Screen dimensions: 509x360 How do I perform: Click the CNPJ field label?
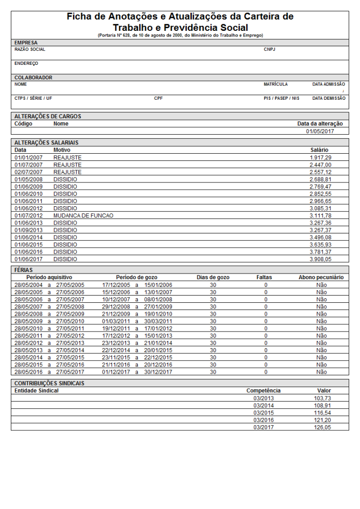269,50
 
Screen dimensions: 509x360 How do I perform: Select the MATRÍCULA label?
276,84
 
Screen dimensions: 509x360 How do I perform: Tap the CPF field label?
158,98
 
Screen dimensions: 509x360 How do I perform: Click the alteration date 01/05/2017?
320,131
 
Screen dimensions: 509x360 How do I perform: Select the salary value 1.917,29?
321,157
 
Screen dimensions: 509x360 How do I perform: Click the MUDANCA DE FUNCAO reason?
83,215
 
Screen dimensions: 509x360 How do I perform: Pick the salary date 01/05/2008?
28,179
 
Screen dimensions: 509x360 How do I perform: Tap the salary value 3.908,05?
321,259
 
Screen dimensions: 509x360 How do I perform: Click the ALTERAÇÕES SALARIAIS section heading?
46,142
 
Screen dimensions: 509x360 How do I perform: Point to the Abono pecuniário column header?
321,277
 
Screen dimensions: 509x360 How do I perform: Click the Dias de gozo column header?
213,277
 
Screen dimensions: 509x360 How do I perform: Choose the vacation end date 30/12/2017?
158,372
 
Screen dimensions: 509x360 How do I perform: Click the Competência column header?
263,391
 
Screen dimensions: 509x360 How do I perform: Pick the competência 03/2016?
264,420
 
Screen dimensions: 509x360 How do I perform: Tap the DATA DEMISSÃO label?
329,98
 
